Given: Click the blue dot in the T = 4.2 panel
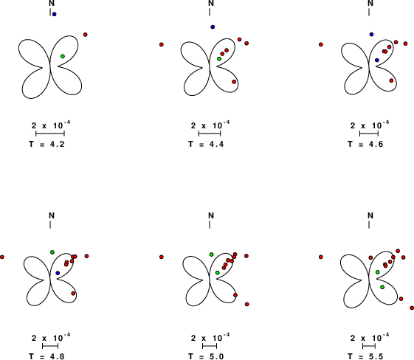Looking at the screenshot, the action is pos(54,14).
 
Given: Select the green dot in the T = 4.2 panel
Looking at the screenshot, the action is pos(63,56).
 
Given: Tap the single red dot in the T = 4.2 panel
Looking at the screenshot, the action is pos(86,35).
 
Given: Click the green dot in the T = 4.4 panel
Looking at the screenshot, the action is pos(219,58).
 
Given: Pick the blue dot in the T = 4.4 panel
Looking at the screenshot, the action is pos(213,27).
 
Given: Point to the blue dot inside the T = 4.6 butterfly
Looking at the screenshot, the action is pos(377,60).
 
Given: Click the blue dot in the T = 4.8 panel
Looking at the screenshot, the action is pos(58,273).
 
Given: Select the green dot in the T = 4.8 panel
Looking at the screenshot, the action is pos(52,252).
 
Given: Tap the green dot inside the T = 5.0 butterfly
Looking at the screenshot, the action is pos(217,273).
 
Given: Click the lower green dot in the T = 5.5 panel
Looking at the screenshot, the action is pos(382,287).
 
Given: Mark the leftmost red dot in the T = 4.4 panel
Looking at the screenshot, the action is pos(162,44).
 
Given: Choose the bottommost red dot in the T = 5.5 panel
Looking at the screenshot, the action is pos(412,308).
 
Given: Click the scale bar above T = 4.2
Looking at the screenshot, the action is pos(50,134).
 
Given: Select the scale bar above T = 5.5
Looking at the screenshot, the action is pos(369,346).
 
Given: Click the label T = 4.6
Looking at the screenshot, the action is pos(365,144).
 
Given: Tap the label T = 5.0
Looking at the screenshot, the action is pos(206,356).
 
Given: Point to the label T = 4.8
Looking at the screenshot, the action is pos(46,356).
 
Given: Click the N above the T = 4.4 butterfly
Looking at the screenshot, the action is pos(211,3).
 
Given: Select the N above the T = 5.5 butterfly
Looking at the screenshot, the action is pos(370,215).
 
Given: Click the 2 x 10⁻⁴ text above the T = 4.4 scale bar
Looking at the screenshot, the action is pos(210,125).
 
